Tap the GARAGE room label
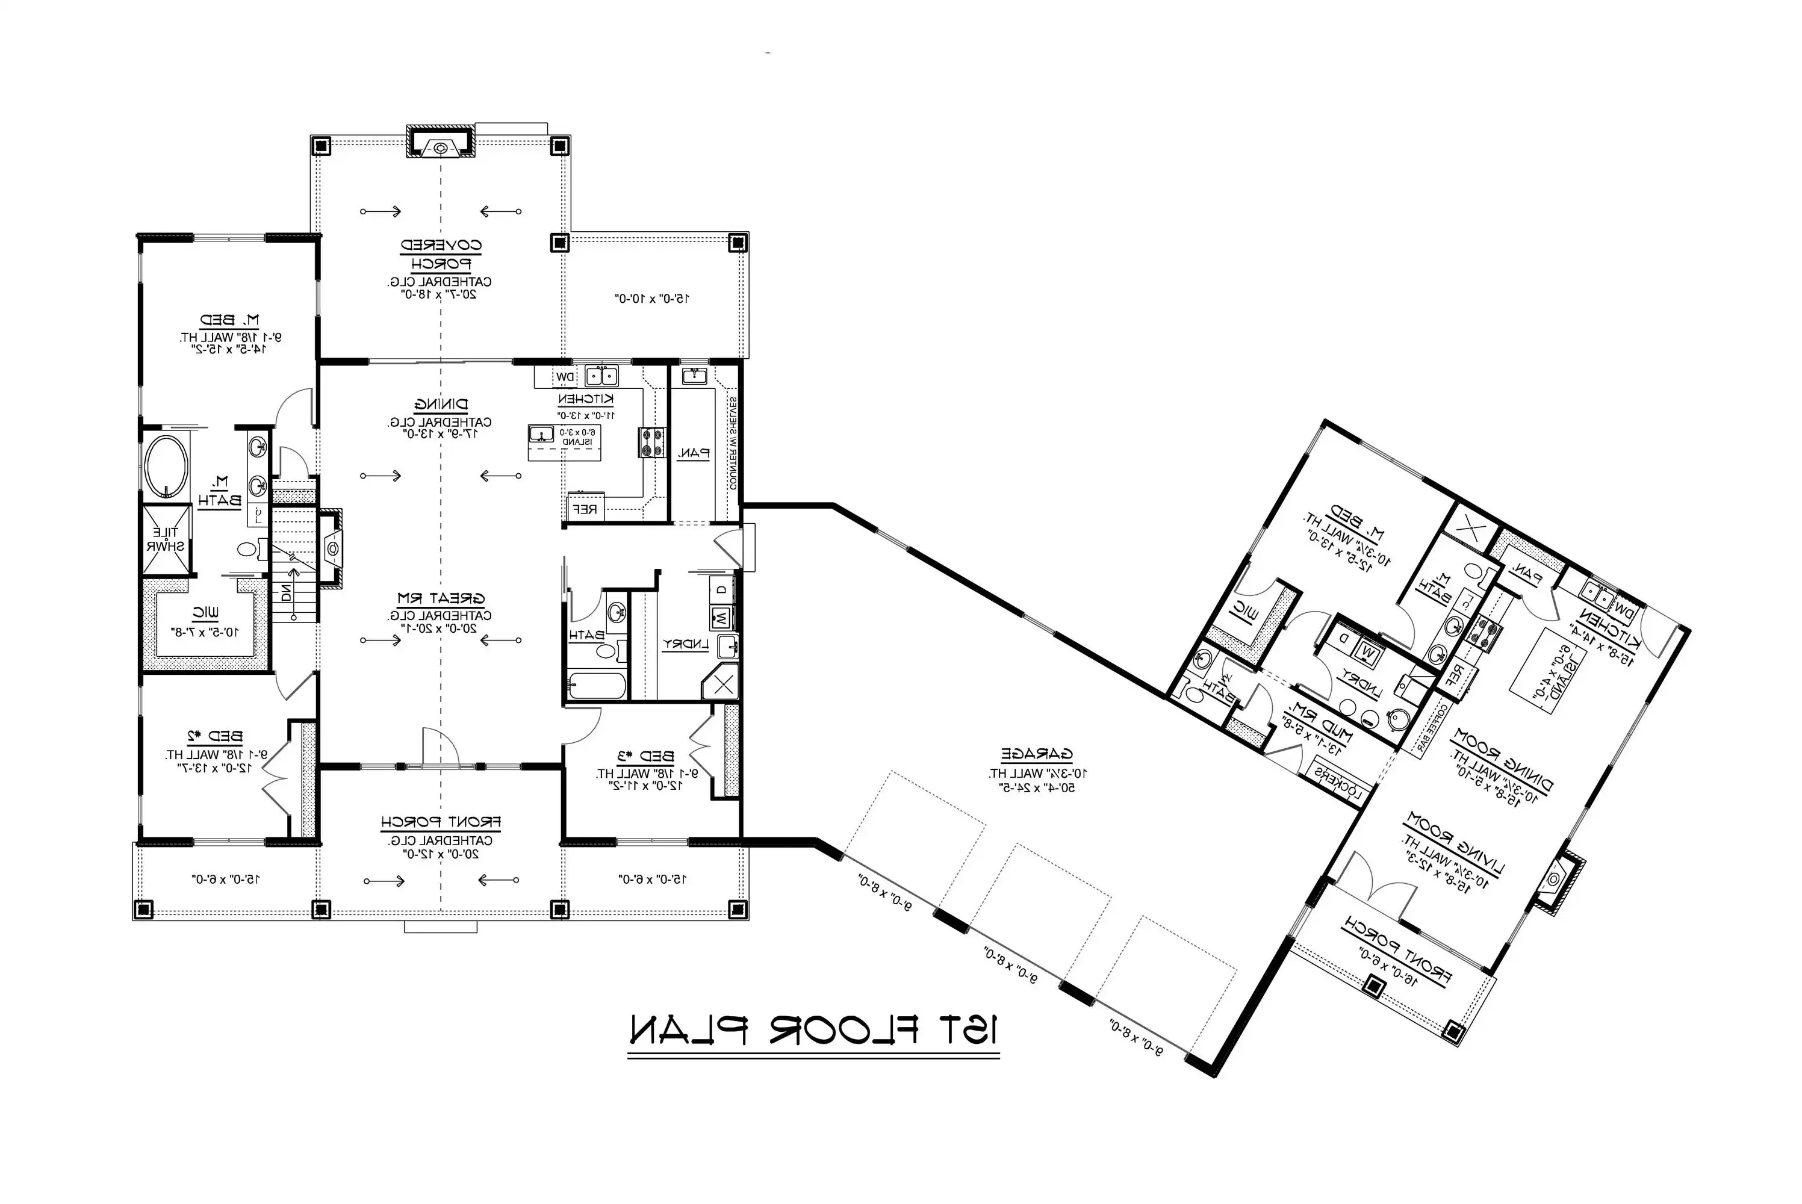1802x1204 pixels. (x=1037, y=754)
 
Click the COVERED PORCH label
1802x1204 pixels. (x=441, y=254)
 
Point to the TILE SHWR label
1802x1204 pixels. (x=166, y=539)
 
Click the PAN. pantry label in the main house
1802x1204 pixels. (x=694, y=453)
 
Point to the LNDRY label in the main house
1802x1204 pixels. (x=685, y=644)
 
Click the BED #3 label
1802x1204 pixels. (x=647, y=756)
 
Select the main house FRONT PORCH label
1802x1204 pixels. (x=441, y=822)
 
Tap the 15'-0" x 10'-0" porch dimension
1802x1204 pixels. (x=652, y=298)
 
